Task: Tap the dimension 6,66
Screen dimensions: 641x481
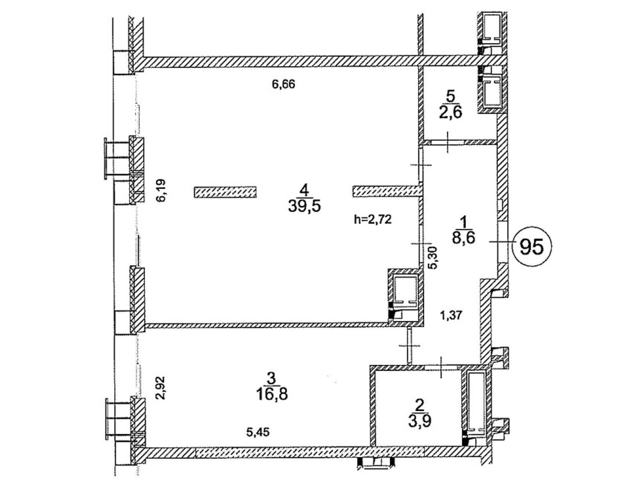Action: (283, 84)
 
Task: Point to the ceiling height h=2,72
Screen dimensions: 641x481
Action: (373, 219)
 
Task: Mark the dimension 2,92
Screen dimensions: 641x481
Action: (161, 388)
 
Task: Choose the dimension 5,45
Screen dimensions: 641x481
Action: (258, 432)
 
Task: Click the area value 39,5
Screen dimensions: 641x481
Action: (304, 206)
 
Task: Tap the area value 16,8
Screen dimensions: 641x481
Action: (272, 395)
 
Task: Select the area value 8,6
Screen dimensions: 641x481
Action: (464, 238)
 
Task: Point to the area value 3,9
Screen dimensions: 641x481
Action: (419, 421)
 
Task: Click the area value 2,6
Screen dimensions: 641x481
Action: (451, 112)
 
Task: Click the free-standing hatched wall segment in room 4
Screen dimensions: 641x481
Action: (225, 192)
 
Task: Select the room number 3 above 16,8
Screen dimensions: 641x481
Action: (271, 379)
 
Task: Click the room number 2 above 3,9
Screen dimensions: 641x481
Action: (419, 406)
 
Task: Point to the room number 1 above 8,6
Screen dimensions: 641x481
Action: (464, 222)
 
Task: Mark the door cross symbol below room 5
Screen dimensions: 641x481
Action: (447, 142)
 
